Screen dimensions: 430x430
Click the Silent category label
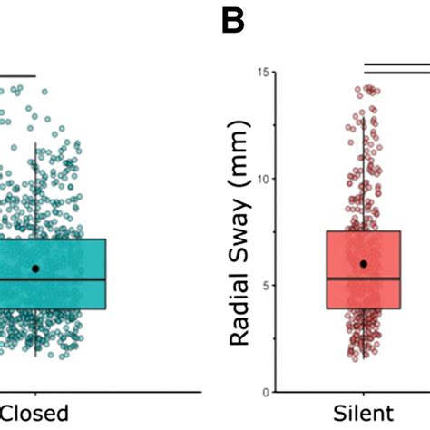[363, 415]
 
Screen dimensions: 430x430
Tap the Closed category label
[36, 415]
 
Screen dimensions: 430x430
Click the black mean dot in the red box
[363, 264]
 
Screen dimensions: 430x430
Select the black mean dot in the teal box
[35, 269]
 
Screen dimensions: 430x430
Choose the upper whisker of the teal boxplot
[35, 191]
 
